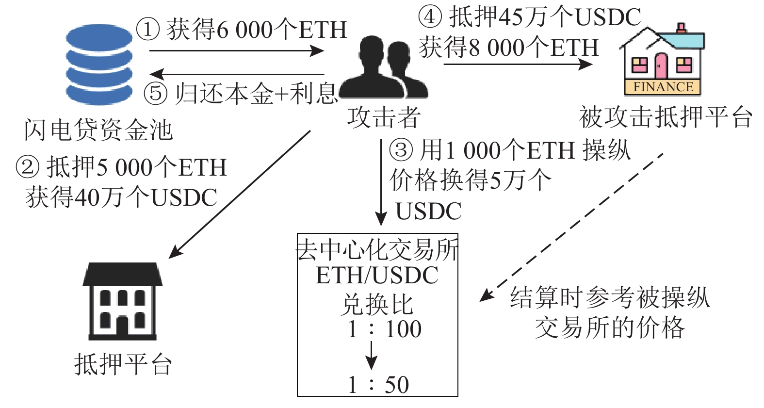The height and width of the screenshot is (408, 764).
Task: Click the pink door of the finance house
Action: [661, 66]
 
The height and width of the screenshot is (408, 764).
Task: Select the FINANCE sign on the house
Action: [663, 87]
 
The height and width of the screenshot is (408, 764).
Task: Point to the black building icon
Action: [122, 301]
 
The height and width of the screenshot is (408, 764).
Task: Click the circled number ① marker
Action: [148, 29]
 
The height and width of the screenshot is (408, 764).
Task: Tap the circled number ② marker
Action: [28, 167]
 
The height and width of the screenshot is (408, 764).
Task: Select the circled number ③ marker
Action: [401, 150]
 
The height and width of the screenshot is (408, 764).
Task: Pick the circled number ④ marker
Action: [430, 16]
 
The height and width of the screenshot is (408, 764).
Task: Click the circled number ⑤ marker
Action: [156, 93]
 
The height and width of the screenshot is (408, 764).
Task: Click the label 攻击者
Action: [383, 117]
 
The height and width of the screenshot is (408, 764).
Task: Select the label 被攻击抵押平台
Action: [666, 116]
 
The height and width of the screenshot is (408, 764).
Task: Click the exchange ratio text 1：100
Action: [385, 329]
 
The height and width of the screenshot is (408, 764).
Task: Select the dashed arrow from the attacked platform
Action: [571, 228]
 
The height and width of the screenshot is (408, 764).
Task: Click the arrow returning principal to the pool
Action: [237, 74]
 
